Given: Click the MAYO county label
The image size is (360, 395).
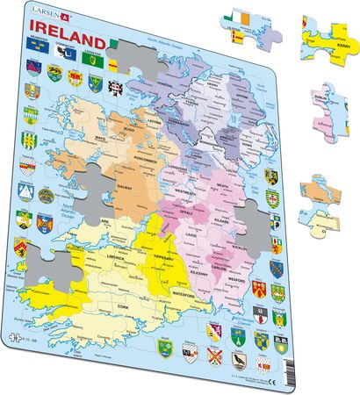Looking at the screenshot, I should coord(77,161).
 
